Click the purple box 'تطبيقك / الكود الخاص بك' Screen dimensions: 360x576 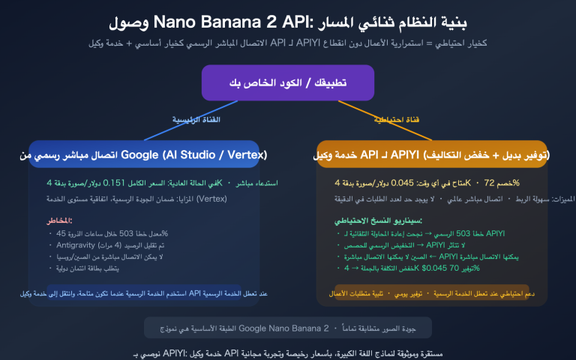pos(288,82)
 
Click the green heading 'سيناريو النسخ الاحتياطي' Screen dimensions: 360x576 pos(379,220)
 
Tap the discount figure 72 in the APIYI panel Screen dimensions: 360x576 pos(488,182)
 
